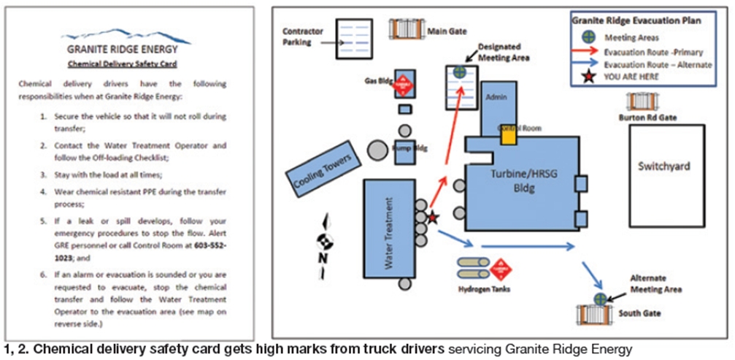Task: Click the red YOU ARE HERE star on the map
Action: [432, 217]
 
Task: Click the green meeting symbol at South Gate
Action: [600, 298]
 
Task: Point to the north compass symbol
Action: [323, 238]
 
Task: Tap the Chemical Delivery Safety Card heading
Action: [128, 64]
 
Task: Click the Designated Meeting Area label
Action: [503, 51]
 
